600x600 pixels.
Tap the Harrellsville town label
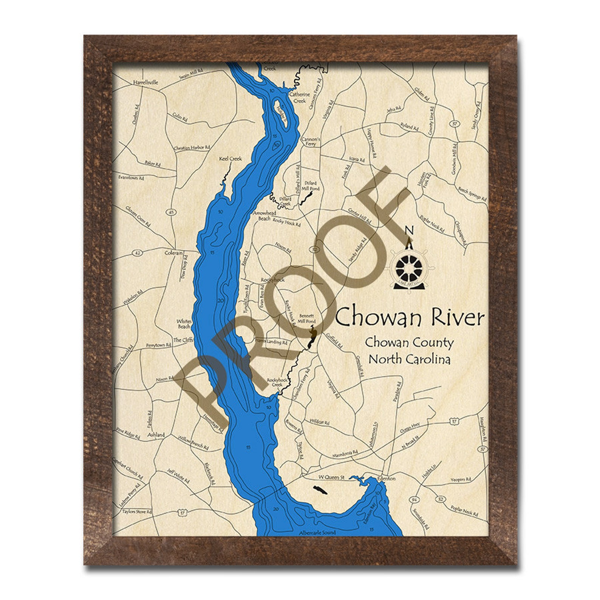145,82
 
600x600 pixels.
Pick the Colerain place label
173,253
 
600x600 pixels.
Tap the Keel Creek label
230,159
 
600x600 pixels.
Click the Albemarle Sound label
317,533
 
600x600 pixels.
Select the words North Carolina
409,359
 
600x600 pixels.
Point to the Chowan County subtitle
409,343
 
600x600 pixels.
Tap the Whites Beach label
184,324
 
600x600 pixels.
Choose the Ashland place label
156,435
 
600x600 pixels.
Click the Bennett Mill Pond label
306,318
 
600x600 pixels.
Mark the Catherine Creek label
300,97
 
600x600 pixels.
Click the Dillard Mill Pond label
311,186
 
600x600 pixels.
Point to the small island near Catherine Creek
281,112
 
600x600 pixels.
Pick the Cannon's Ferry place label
311,141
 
